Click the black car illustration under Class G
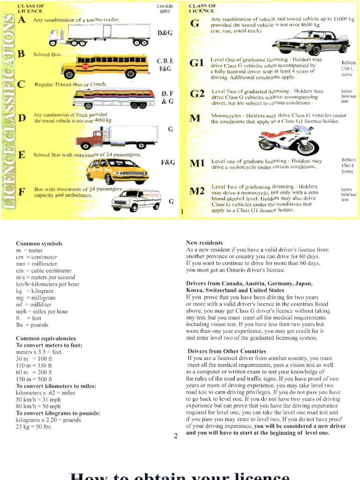click(x=311, y=42)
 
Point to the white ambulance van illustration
click(x=136, y=200)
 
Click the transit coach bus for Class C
click(x=114, y=98)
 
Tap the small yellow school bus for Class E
click(x=118, y=171)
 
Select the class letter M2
click(x=197, y=191)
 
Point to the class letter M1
click(x=197, y=164)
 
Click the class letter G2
click(x=197, y=94)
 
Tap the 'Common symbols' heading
click(x=39, y=244)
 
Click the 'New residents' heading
click(x=204, y=243)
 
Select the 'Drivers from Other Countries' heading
click(x=227, y=351)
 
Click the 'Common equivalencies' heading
click(x=45, y=338)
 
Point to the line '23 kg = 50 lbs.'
click(x=34, y=427)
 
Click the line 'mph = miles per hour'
click(x=42, y=311)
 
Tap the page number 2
click(x=176, y=436)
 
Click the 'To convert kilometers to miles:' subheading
click(x=56, y=386)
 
